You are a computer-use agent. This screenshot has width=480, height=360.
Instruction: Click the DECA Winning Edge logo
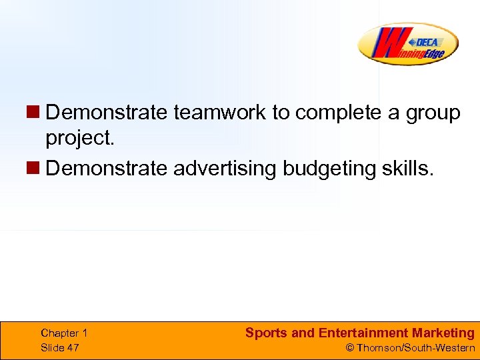click(x=408, y=44)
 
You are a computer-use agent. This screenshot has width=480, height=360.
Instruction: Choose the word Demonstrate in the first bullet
click(x=107, y=113)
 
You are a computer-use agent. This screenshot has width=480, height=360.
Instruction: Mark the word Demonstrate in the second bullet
click(x=107, y=168)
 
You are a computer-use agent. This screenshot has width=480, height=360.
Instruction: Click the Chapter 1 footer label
click(x=64, y=333)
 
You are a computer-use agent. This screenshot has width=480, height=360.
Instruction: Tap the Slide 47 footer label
click(x=59, y=347)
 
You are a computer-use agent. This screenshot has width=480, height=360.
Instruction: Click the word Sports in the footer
click(x=266, y=333)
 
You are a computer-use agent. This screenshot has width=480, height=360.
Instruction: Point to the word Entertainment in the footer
click(x=363, y=333)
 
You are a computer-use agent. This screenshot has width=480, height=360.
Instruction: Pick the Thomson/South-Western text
click(x=416, y=348)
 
